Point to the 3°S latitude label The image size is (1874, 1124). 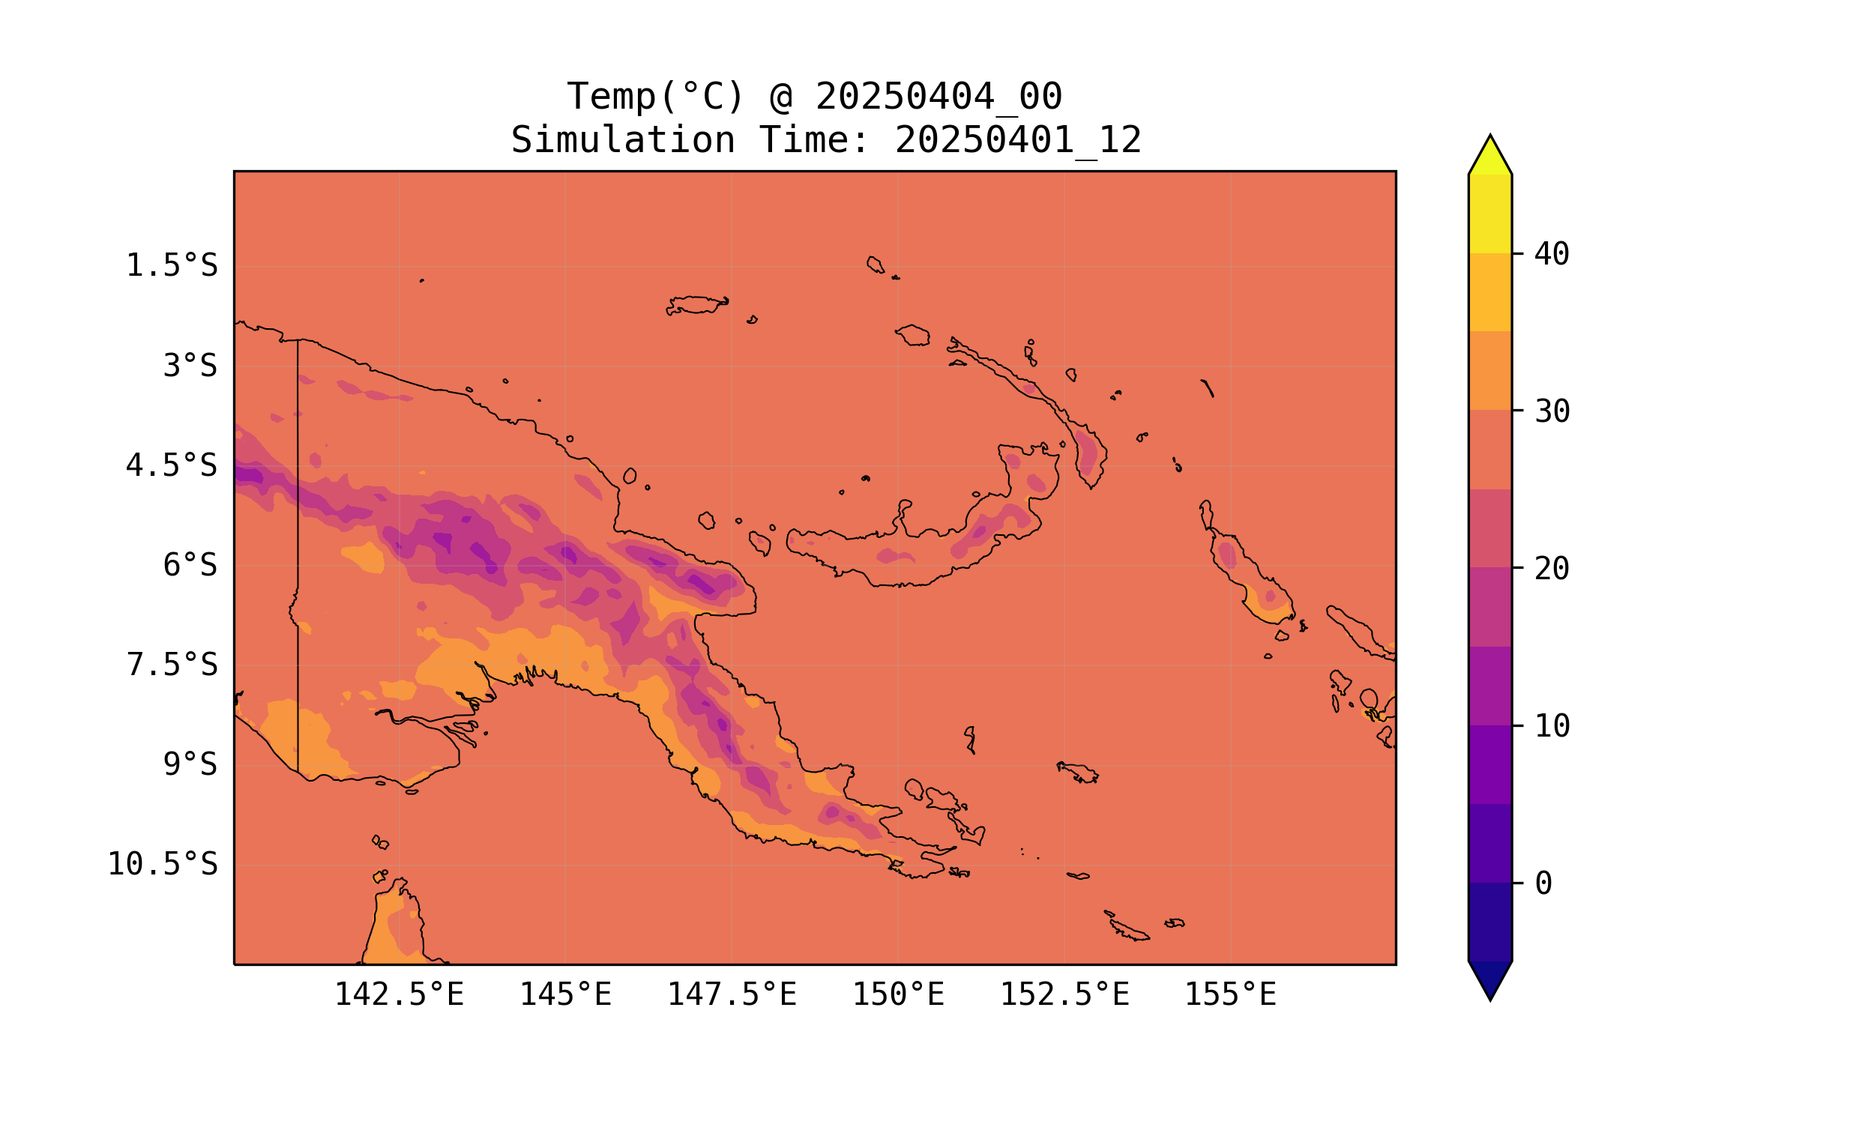190,366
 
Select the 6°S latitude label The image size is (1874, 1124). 190,565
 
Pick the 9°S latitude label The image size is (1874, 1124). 190,764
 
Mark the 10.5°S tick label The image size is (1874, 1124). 162,864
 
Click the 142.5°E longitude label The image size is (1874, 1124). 400,994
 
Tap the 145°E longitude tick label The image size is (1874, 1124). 565,994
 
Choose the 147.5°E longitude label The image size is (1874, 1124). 732,994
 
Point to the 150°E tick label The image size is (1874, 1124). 898,994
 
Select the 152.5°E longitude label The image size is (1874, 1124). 1064,994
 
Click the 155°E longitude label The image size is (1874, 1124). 1230,994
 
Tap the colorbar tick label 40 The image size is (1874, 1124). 1552,254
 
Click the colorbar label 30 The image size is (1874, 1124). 1552,411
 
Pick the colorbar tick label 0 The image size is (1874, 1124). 1543,883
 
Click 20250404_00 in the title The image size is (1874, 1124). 938,97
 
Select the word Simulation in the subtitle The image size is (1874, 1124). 623,140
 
